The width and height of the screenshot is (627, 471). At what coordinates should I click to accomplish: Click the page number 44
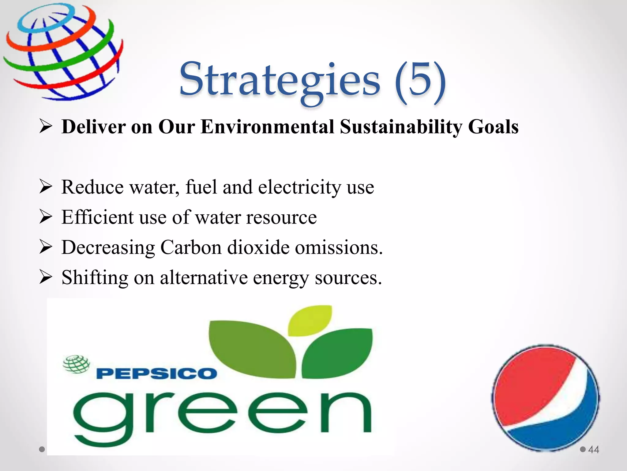pyautogui.click(x=594, y=450)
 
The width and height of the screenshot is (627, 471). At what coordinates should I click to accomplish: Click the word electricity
pyautogui.click(x=299, y=187)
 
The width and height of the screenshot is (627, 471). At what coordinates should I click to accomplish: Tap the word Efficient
pyautogui.click(x=97, y=217)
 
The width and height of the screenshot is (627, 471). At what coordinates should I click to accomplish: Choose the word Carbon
pyautogui.click(x=191, y=247)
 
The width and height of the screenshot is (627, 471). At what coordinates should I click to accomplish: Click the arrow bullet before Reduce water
pyautogui.click(x=46, y=187)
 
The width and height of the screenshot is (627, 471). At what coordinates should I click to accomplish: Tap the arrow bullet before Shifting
pyautogui.click(x=46, y=278)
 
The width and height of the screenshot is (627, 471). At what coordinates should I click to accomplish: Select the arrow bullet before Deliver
pyautogui.click(x=46, y=127)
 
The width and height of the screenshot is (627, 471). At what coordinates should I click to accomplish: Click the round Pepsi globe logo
pyautogui.click(x=546, y=398)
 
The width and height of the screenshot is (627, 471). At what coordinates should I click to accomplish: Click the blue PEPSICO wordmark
pyautogui.click(x=156, y=374)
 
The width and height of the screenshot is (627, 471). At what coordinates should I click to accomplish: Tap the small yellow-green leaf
pyautogui.click(x=310, y=320)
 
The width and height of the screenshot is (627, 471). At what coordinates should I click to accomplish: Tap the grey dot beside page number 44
pyautogui.click(x=583, y=450)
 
